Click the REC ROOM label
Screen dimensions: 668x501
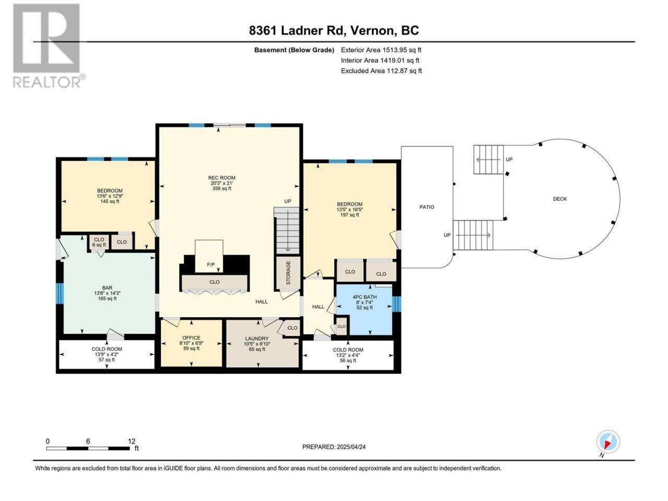click(222, 177)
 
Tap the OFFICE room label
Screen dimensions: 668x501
click(191, 338)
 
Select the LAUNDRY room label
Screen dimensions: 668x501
click(257, 339)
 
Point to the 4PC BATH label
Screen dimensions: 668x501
click(365, 297)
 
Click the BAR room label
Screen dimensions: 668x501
click(107, 288)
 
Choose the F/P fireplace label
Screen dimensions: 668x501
click(211, 265)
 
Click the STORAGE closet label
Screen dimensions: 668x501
click(288, 272)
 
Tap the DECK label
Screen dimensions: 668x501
click(559, 199)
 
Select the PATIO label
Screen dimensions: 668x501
click(427, 207)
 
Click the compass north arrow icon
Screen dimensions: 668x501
click(608, 442)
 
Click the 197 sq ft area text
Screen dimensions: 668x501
click(350, 215)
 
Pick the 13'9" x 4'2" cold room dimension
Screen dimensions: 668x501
click(107, 354)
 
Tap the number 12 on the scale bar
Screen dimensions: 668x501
click(132, 442)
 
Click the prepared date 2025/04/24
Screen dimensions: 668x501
click(351, 447)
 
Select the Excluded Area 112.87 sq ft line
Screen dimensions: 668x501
click(381, 71)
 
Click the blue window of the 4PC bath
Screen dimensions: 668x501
click(397, 304)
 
